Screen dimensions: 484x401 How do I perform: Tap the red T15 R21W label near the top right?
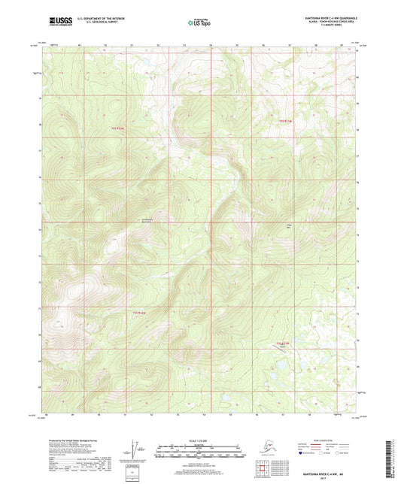(284, 120)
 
